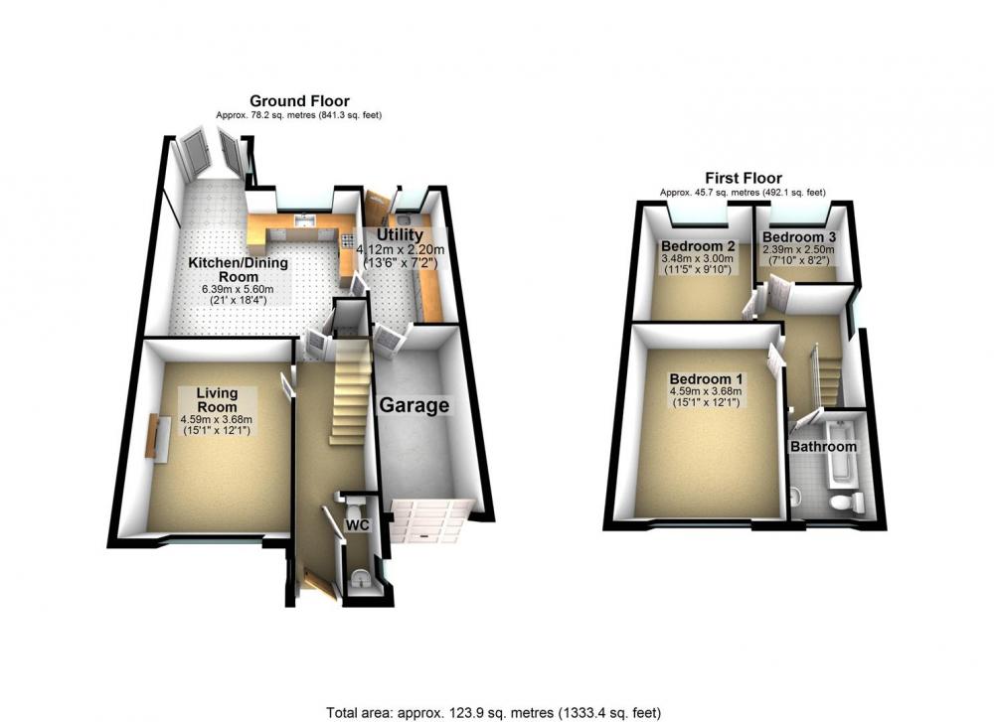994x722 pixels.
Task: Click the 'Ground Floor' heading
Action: [299, 100]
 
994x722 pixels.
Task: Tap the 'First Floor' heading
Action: [743, 178]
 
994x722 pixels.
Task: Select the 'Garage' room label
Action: [414, 405]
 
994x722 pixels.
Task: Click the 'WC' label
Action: [357, 525]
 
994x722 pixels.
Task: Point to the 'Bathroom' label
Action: [823, 447]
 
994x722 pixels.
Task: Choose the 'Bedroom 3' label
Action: [799, 237]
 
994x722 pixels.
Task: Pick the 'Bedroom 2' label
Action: [698, 245]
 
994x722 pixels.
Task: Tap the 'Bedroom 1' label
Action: [706, 378]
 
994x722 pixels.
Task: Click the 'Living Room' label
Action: [217, 400]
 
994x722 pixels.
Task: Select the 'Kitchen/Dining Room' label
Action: [239, 270]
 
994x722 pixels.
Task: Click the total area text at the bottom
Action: [494, 712]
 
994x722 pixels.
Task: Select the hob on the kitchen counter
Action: [347, 240]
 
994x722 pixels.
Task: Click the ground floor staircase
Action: [350, 392]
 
